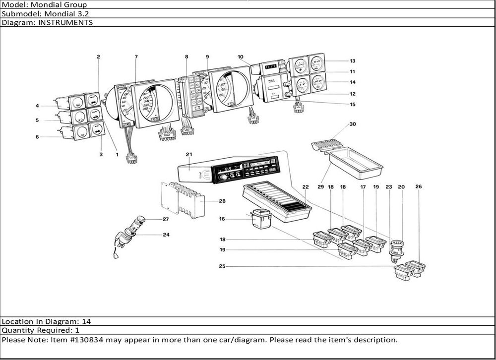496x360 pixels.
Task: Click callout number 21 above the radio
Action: [188, 155]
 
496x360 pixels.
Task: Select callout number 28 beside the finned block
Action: [222, 201]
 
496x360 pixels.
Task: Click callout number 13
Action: [352, 61]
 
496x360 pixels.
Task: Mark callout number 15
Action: [352, 104]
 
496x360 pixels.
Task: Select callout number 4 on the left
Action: [37, 106]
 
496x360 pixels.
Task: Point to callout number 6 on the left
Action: [37, 137]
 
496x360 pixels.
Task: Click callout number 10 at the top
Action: [240, 57]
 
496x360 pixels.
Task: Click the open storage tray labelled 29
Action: [355, 163]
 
